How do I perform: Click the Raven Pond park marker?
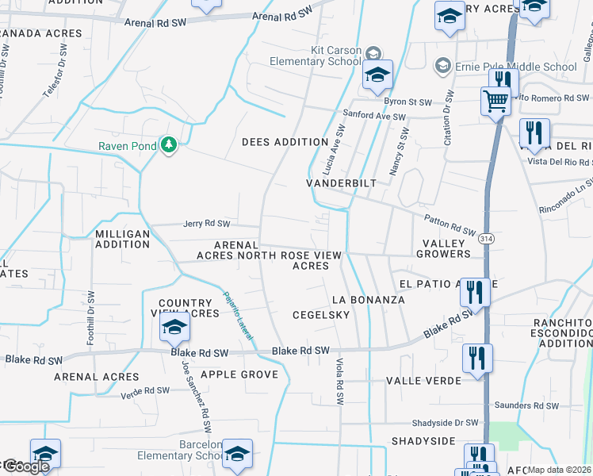168,145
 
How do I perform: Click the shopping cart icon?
495,101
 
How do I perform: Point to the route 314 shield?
487,238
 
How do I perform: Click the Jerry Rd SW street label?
206,224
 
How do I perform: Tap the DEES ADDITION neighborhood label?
285,142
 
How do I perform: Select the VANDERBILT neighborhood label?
341,182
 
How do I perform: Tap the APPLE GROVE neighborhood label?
239,374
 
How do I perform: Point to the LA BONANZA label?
368,300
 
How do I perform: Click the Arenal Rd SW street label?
282,15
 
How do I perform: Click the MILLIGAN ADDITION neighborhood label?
122,239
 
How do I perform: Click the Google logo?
25,466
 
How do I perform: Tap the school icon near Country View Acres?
174,327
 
